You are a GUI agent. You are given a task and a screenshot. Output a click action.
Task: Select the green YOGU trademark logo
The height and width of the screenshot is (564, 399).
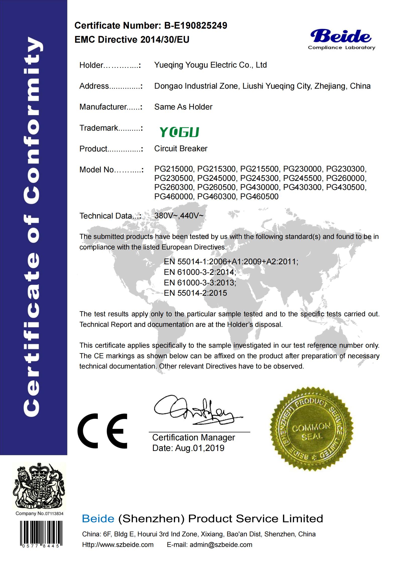point(179,132)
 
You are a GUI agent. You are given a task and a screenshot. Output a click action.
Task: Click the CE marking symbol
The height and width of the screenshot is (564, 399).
point(103,431)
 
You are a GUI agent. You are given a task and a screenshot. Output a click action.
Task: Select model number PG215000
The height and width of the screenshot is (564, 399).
point(173,169)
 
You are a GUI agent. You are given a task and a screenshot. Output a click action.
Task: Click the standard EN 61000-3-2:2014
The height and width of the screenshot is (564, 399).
point(200,272)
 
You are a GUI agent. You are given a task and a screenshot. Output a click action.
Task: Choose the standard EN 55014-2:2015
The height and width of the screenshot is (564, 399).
point(195,293)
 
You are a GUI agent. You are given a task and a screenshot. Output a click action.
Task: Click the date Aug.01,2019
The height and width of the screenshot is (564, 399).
point(200,448)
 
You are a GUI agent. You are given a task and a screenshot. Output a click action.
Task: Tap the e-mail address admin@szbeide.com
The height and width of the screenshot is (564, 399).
point(221,545)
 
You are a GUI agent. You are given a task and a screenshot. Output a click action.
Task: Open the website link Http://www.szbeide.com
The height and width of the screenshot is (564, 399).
point(118,545)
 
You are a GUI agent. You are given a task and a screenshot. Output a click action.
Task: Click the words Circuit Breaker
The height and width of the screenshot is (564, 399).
point(181,148)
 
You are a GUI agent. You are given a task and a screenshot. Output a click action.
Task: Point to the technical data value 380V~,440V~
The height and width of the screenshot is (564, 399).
point(179,216)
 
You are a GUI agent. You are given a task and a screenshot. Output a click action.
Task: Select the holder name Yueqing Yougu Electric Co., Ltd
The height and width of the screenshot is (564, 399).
point(210,65)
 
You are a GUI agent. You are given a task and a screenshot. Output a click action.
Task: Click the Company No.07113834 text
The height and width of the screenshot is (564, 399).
point(39,513)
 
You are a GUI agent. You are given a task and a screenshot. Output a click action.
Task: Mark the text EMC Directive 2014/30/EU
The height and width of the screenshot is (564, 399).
point(132,40)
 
